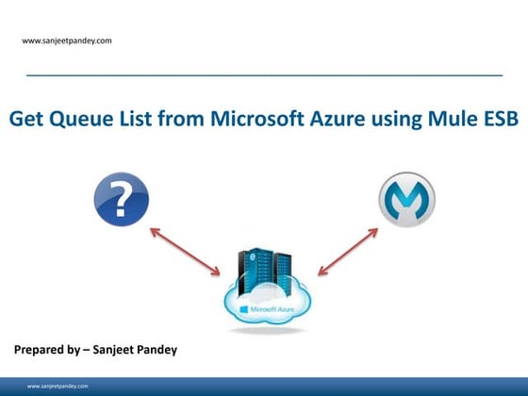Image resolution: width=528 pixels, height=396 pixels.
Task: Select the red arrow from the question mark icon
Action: coord(186,250)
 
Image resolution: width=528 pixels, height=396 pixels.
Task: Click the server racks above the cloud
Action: coord(263,269)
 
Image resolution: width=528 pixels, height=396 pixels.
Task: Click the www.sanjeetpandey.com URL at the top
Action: coord(67,41)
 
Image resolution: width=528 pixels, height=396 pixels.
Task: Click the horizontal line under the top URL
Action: coord(264,74)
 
